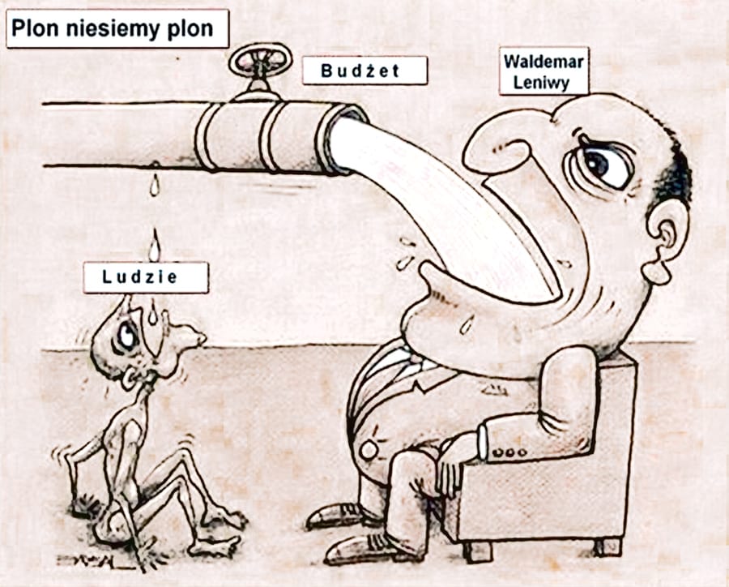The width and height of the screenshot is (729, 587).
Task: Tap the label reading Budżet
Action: click(x=364, y=71)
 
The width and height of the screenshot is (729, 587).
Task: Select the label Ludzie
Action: click(x=146, y=277)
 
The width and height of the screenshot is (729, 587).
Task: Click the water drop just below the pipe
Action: click(x=153, y=186)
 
